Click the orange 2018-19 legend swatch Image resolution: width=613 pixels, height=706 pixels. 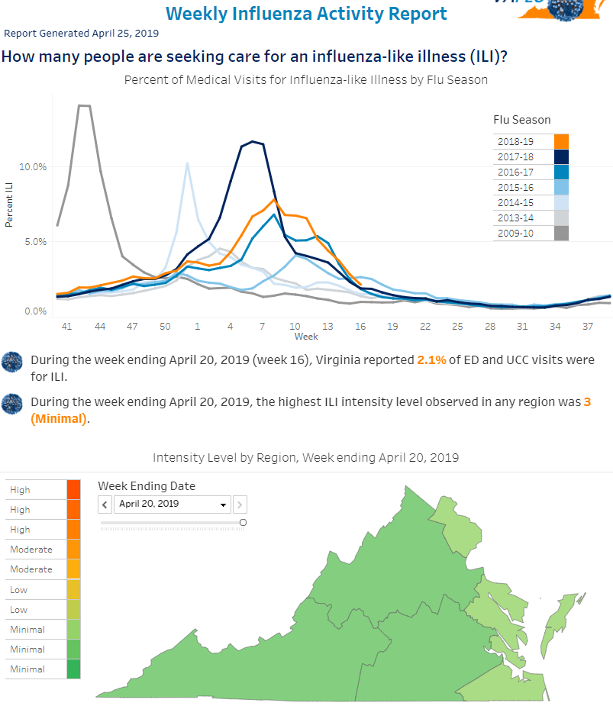pyautogui.click(x=561, y=141)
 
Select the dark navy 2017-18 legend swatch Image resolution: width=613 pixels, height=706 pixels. pyautogui.click(x=561, y=156)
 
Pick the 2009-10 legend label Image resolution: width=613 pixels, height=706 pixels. pyautogui.click(x=515, y=234)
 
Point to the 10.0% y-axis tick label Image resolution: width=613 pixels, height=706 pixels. pyautogui.click(x=33, y=167)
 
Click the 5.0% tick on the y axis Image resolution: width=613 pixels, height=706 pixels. pyautogui.click(x=36, y=242)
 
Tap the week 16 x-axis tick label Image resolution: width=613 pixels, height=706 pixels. pyautogui.click(x=360, y=327)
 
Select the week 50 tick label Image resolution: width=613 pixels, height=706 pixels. pyautogui.click(x=165, y=327)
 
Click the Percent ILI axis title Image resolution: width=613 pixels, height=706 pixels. pyautogui.click(x=8, y=205)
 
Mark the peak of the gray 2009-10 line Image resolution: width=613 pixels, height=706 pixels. pyautogui.click(x=84, y=106)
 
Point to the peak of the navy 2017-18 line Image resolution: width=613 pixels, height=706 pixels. pyautogui.click(x=253, y=141)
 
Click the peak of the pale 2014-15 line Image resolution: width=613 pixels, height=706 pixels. pyautogui.click(x=187, y=163)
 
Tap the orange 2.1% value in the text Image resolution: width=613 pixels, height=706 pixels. pyautogui.click(x=431, y=360)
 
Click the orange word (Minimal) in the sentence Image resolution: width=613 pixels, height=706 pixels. pyautogui.click(x=59, y=419)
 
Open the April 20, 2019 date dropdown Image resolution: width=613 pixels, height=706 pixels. pyautogui.click(x=173, y=505)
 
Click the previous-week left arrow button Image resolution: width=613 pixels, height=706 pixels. pyautogui.click(x=105, y=505)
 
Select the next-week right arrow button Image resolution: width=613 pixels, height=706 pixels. pyautogui.click(x=240, y=505)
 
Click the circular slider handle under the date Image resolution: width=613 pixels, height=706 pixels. pyautogui.click(x=244, y=522)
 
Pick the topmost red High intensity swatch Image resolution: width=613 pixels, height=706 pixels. pyautogui.click(x=73, y=489)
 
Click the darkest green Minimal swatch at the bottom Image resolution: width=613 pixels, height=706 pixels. pyautogui.click(x=73, y=669)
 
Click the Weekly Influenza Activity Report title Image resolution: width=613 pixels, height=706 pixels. pyautogui.click(x=306, y=14)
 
